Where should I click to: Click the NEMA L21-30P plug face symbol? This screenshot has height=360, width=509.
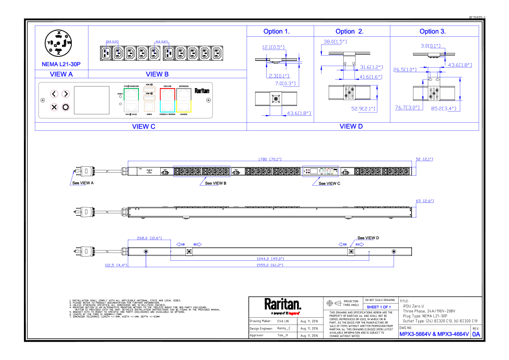point(58,43)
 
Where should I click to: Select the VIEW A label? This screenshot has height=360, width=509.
point(61,74)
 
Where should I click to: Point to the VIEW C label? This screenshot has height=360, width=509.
point(144,127)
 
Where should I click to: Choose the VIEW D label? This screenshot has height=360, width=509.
point(351,126)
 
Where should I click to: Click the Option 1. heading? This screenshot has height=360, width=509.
point(277,32)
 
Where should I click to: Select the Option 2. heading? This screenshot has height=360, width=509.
point(350,32)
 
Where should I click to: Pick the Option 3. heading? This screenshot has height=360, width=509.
point(433,32)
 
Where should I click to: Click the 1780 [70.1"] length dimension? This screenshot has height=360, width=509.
point(269,159)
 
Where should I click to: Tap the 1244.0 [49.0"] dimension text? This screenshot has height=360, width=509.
point(270,258)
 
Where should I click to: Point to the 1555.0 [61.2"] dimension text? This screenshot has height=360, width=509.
point(270,265)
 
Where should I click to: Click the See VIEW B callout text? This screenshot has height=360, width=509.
point(215,183)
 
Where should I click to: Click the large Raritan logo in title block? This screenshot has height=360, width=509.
point(282,305)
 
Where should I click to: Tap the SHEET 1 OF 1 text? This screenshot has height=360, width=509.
point(379,307)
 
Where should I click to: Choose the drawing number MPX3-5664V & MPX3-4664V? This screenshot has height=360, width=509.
point(434,334)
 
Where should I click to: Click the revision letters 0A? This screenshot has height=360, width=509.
point(476,334)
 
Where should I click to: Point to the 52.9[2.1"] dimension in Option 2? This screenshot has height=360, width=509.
point(363,109)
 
